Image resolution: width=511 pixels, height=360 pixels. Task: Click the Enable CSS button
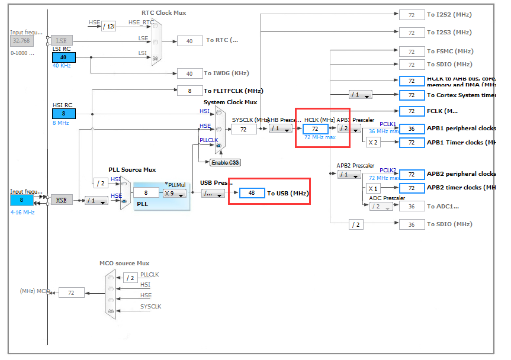coord(225,162)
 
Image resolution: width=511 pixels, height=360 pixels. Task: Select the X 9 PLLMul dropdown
coord(175,193)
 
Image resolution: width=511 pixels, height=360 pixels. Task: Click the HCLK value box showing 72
coord(315,128)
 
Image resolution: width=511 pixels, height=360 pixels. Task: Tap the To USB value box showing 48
coord(252,193)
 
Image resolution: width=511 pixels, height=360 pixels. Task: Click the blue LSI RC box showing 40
coord(63,57)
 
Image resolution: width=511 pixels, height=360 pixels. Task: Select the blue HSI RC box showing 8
coord(63,113)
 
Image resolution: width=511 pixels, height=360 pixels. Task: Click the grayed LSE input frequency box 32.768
coord(21,40)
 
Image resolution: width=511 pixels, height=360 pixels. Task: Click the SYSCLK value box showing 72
coord(243,128)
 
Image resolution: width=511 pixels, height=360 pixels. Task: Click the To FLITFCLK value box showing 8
coord(189,91)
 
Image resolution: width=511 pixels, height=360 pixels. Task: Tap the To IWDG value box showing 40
coord(189,74)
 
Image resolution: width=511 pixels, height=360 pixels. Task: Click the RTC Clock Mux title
coord(164,12)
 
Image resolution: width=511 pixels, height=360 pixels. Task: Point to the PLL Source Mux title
coord(132,169)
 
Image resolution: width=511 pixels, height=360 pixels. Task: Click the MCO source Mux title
coord(124,263)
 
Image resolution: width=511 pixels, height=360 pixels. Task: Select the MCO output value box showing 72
coord(71,292)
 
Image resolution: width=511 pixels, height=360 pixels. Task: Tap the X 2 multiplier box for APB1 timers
coord(373,142)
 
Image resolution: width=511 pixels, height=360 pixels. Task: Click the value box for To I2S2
coord(412,15)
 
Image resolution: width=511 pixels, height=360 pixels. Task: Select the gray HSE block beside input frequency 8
coord(62,200)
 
